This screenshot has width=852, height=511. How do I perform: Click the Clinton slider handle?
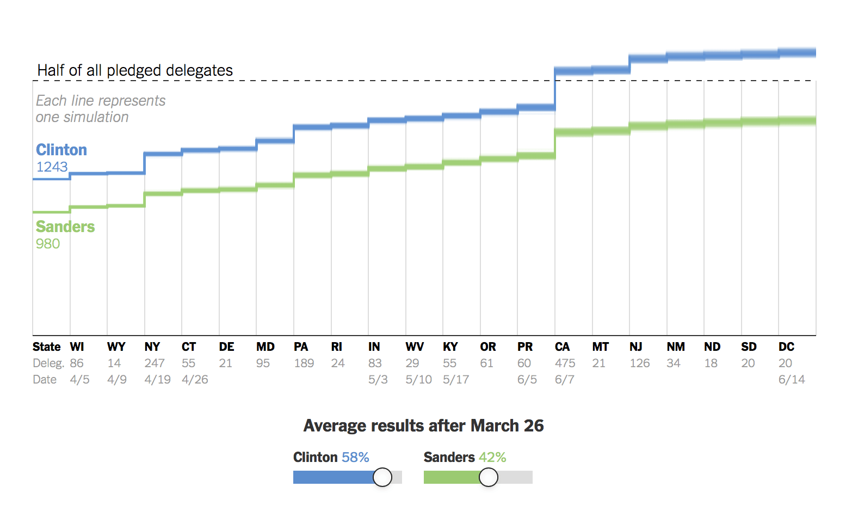coord(382,477)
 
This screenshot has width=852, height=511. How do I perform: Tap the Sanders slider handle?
coord(489,477)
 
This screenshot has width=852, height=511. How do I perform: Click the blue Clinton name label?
coord(61,150)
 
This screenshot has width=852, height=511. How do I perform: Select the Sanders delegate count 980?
coord(48,244)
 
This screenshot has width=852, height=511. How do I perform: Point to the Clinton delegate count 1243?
coord(52,167)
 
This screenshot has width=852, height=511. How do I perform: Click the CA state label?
coord(562,347)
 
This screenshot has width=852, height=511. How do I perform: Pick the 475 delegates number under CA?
coord(565,363)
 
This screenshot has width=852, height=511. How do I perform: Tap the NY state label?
coord(152,347)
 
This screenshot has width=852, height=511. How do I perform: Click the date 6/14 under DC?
coord(791,380)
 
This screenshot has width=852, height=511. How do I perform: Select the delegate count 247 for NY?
coord(155,363)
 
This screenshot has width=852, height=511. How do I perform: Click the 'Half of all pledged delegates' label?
coord(135,70)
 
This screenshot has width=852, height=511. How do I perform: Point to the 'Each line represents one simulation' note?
coord(100,109)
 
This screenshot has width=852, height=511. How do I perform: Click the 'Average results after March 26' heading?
coord(423,425)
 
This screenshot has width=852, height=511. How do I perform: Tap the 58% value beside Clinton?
coord(355,457)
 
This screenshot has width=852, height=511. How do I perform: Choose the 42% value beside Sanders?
coord(492,457)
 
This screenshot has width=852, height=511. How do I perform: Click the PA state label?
coord(301,347)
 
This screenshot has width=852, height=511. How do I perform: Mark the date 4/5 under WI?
coord(79,380)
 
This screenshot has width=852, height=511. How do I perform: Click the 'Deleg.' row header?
coord(48,363)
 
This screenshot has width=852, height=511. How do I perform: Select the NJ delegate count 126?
coord(640,363)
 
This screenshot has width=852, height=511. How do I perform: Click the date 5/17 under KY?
coord(455,380)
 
